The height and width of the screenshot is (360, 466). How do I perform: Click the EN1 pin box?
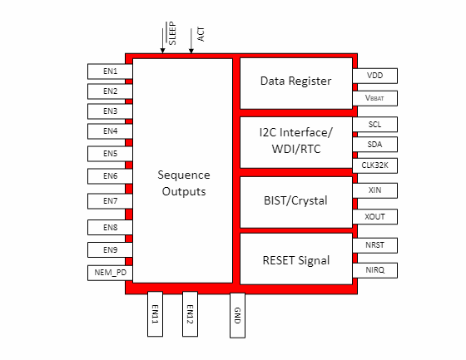pyautogui.click(x=110, y=72)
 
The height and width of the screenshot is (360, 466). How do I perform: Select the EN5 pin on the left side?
pyautogui.click(x=110, y=154)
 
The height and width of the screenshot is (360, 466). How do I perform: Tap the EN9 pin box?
pyautogui.click(x=110, y=250)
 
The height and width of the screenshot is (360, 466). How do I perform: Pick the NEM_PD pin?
pyautogui.click(x=110, y=273)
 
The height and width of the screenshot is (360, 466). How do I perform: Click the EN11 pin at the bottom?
pyautogui.click(x=156, y=314)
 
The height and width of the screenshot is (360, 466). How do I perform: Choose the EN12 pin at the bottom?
pyautogui.click(x=190, y=314)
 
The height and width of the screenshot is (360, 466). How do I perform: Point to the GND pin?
pyautogui.click(x=237, y=314)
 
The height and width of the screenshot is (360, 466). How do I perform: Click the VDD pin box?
pyautogui.click(x=375, y=76)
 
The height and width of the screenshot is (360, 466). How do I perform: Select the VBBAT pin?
pyautogui.click(x=375, y=97)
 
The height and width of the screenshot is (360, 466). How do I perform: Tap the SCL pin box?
pyautogui.click(x=375, y=125)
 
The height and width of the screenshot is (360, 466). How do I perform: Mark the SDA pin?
pyautogui.click(x=375, y=145)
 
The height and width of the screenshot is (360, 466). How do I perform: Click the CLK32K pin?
pyautogui.click(x=375, y=165)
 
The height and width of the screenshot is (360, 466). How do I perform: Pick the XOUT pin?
pyautogui.click(x=375, y=217)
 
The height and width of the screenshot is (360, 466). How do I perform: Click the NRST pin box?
pyautogui.click(x=375, y=245)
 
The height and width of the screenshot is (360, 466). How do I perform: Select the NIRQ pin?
pyautogui.click(x=375, y=270)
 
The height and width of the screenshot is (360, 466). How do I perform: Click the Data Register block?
pyautogui.click(x=295, y=81)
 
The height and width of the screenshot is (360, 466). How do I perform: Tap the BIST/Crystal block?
pyautogui.click(x=295, y=200)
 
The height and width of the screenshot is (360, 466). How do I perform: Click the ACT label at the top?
pyautogui.click(x=201, y=34)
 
